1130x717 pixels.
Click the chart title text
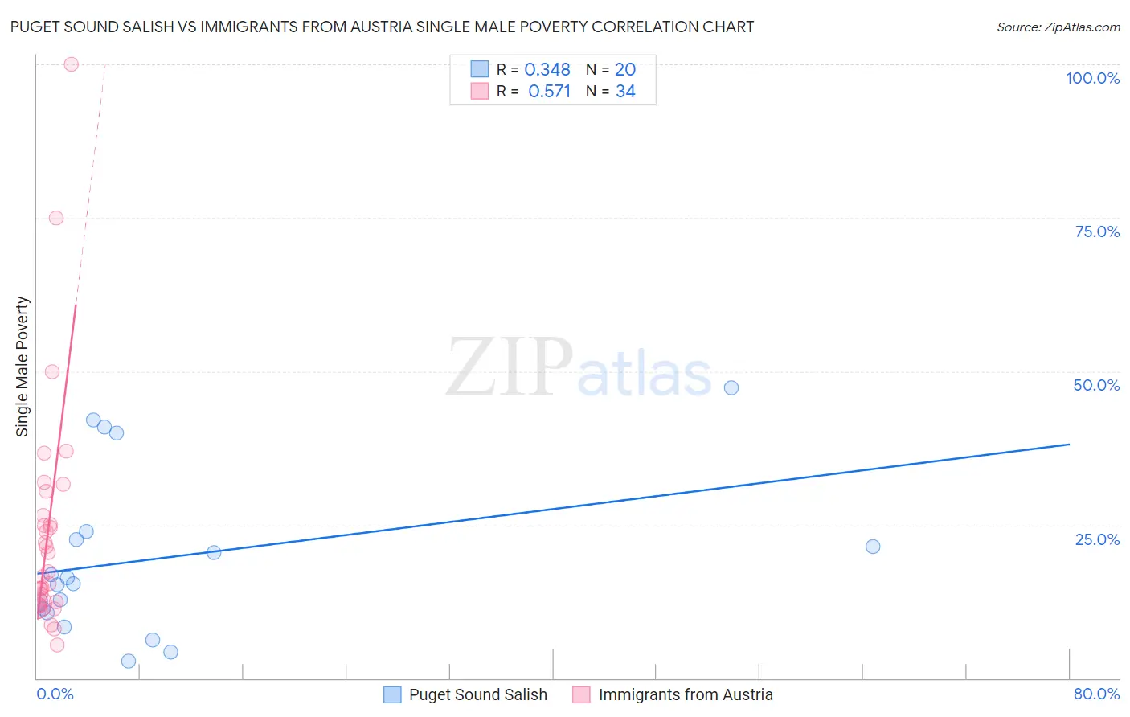pyautogui.click(x=382, y=27)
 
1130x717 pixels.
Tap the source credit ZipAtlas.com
pyautogui.click(x=1058, y=27)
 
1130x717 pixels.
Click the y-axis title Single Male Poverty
pyautogui.click(x=22, y=367)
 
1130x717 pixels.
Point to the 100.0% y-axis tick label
pyautogui.click(x=1092, y=78)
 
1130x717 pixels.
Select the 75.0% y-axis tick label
pyautogui.click(x=1097, y=231)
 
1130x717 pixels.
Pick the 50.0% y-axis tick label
pyautogui.click(x=1096, y=385)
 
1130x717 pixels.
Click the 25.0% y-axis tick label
pyautogui.click(x=1097, y=539)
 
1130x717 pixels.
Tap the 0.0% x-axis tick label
pyautogui.click(x=55, y=694)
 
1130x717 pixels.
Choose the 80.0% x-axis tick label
pyautogui.click(x=1096, y=694)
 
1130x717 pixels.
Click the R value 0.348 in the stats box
pyautogui.click(x=547, y=70)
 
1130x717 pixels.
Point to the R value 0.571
pyautogui.click(x=549, y=92)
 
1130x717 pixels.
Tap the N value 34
pyautogui.click(x=625, y=92)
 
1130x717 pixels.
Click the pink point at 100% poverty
pyautogui.click(x=71, y=64)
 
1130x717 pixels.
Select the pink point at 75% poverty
pyautogui.click(x=56, y=218)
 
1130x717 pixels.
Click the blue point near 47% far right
pyautogui.click(x=731, y=387)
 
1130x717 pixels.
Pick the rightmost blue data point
pyautogui.click(x=873, y=547)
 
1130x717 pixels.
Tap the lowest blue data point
pyautogui.click(x=129, y=661)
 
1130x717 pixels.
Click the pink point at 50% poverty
pyautogui.click(x=52, y=371)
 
